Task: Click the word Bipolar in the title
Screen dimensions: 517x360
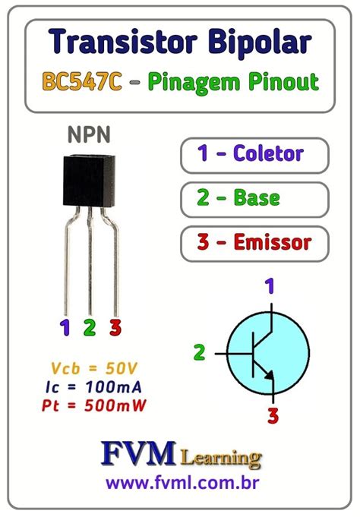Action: point(258,43)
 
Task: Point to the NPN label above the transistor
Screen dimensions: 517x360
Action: point(89,135)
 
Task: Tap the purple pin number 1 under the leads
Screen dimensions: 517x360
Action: point(65,328)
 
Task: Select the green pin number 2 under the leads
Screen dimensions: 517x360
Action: point(90,328)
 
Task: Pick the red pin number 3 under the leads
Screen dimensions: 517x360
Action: point(115,328)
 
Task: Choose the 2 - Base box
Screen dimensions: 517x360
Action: point(255,199)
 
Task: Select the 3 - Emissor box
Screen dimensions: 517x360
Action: point(255,244)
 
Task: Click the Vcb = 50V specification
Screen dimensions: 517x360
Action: point(90,369)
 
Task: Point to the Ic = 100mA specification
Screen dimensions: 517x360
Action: point(90,387)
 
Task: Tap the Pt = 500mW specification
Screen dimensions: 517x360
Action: point(90,405)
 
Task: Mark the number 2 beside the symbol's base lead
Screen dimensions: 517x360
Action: point(200,352)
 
